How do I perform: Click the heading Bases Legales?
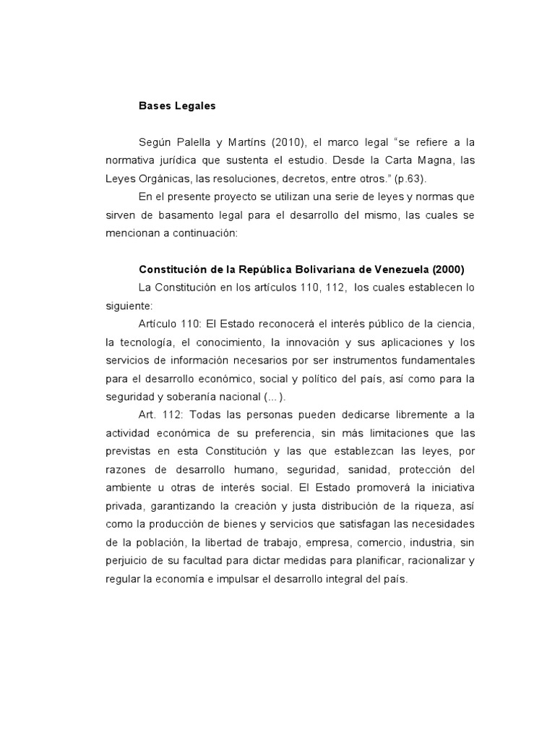pos(176,106)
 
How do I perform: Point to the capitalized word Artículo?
pos(160,323)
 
